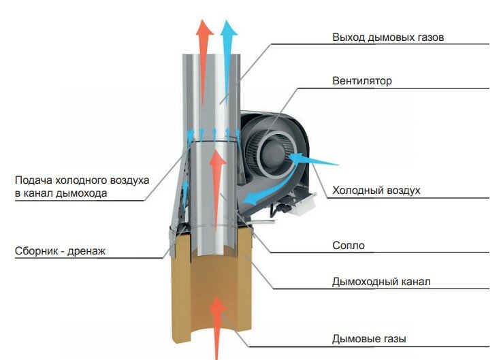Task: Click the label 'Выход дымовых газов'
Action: tap(388, 37)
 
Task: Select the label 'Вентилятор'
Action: tap(362, 82)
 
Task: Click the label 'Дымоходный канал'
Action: tap(381, 282)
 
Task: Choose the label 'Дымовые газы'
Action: tap(370, 338)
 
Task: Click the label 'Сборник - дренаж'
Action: tap(60, 251)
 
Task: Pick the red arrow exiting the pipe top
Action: tap(203, 41)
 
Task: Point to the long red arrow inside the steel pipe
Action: tap(217, 191)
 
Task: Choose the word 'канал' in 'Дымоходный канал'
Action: tap(417, 282)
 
